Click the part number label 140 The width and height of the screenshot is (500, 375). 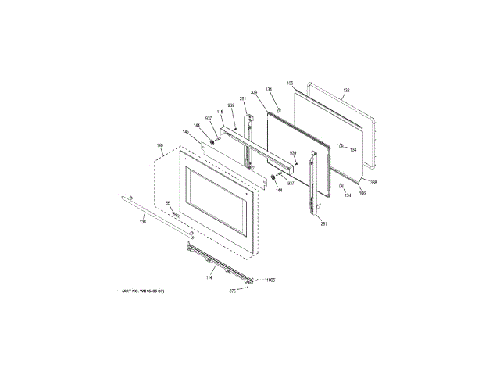(x=159, y=145)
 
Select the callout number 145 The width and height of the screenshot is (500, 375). (x=186, y=132)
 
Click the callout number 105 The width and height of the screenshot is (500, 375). (x=290, y=82)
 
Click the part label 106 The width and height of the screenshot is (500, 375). (x=362, y=189)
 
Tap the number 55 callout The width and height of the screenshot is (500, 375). (x=167, y=203)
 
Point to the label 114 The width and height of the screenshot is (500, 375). (x=209, y=277)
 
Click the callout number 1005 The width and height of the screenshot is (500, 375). (x=271, y=280)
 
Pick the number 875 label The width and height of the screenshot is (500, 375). (x=232, y=292)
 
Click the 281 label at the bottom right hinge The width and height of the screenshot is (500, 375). (x=323, y=224)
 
